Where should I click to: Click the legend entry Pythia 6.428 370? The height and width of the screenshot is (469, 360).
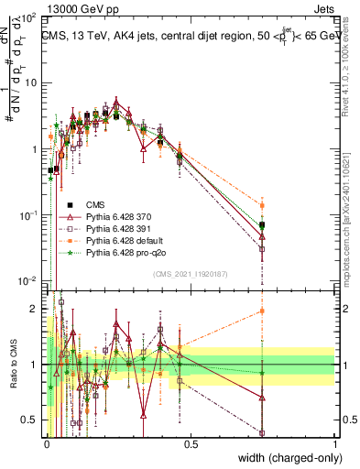(x=117, y=216)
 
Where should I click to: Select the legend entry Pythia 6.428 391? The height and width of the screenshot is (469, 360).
(x=117, y=228)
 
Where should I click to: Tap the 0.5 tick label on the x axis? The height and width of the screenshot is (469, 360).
(x=191, y=443)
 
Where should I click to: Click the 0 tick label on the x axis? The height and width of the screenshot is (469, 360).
(x=47, y=443)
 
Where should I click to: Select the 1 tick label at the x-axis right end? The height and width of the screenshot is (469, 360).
(x=335, y=443)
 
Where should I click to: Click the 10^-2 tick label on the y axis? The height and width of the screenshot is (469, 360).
(x=29, y=280)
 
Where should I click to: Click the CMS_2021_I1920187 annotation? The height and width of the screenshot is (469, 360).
(x=190, y=274)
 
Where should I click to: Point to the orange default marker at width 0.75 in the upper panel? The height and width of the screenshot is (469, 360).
(x=262, y=206)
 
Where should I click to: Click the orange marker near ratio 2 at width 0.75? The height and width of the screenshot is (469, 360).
(x=262, y=311)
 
